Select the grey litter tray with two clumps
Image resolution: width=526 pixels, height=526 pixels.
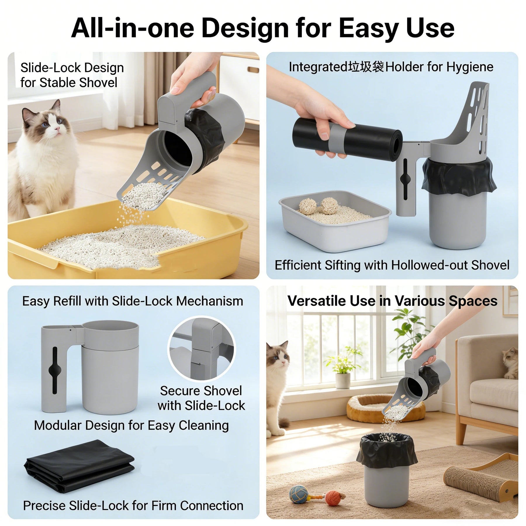coord(335,221)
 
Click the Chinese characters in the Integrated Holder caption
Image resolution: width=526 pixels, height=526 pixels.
coord(366,67)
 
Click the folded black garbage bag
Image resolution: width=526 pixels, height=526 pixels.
coord(79,466)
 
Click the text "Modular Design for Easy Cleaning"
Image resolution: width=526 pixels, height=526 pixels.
coord(131,425)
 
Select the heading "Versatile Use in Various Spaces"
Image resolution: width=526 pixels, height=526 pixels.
coord(392,301)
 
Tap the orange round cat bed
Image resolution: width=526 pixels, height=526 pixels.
coord(386,408)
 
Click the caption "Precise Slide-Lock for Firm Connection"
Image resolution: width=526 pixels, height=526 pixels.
coord(133,506)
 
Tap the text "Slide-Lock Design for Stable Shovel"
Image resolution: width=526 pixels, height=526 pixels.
coord(72,75)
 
